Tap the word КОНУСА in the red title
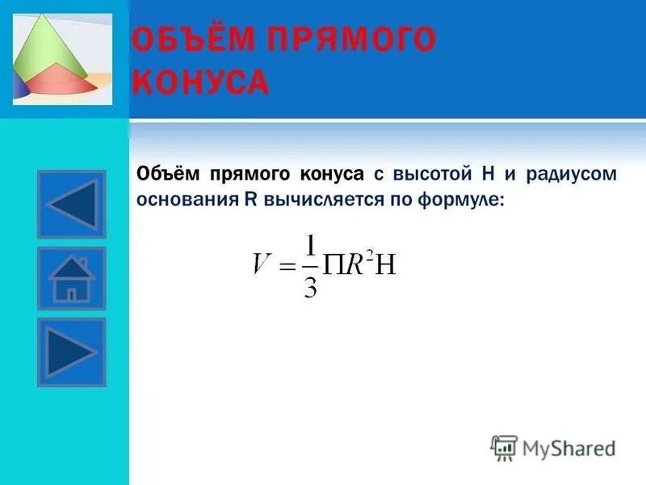pyautogui.click(x=199, y=82)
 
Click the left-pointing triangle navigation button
pyautogui.click(x=72, y=204)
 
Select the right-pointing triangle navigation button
pyautogui.click(x=72, y=352)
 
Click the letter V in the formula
pyautogui.click(x=261, y=264)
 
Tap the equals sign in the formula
pyautogui.click(x=286, y=267)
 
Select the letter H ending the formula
pyautogui.click(x=386, y=265)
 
